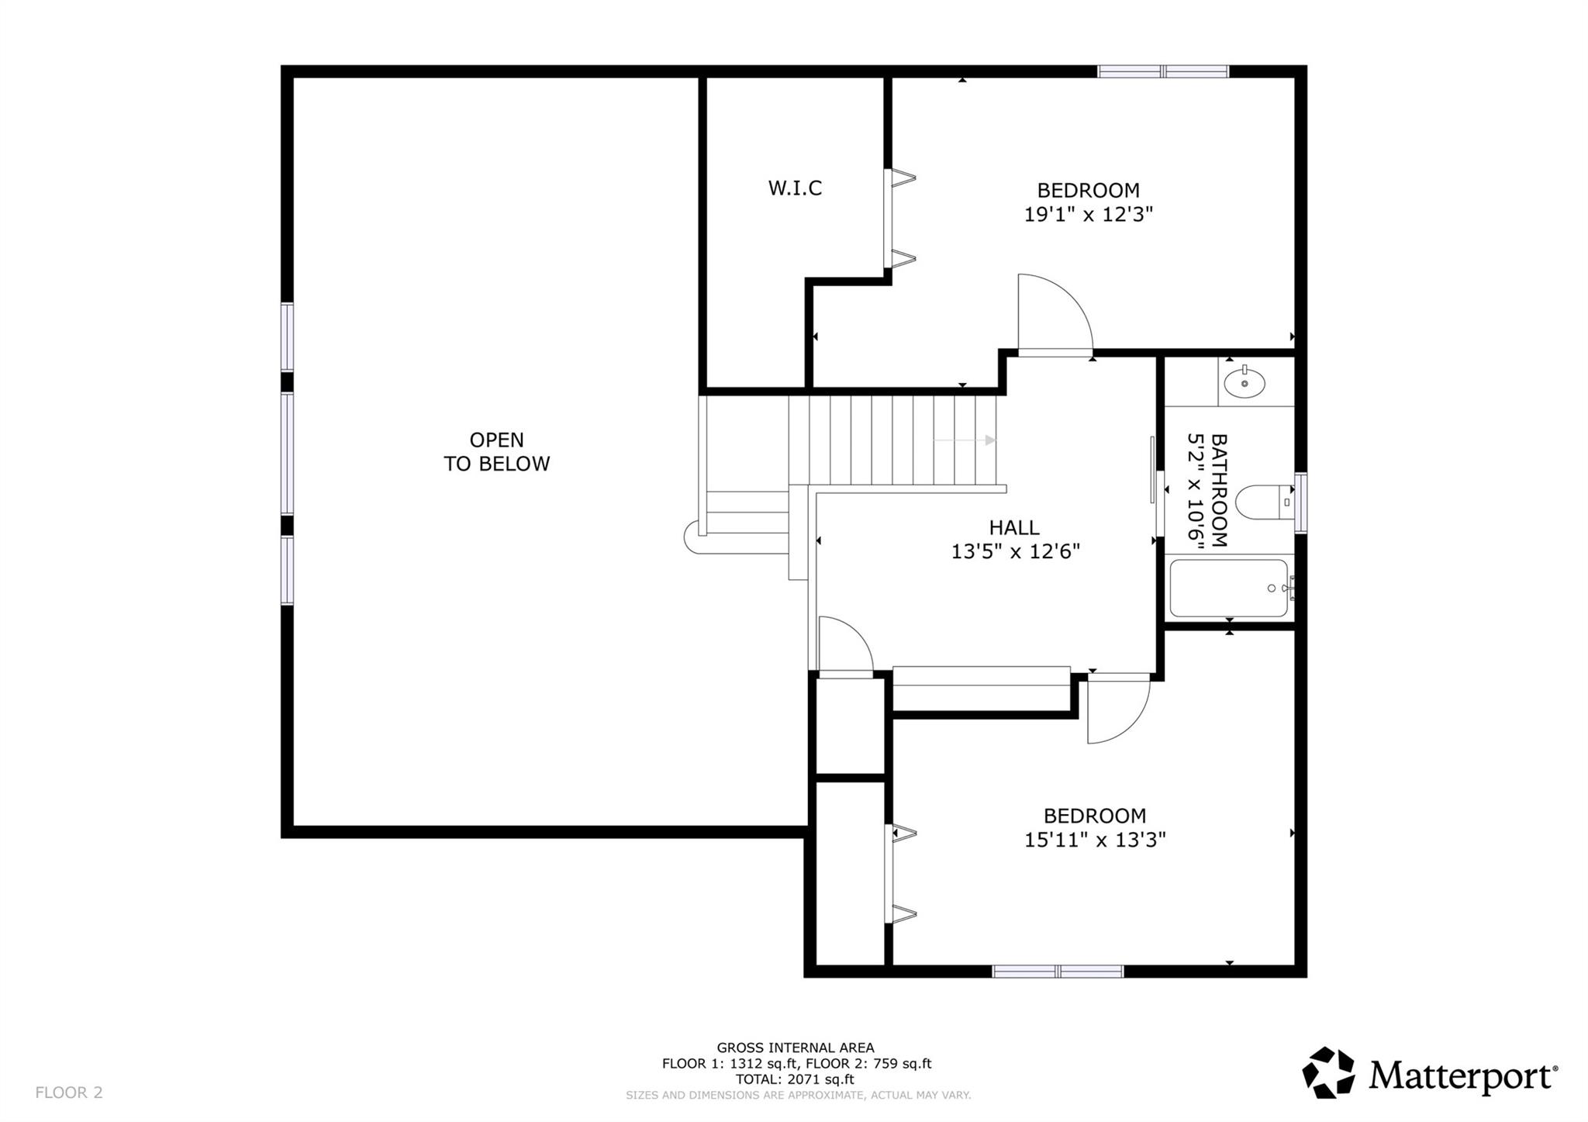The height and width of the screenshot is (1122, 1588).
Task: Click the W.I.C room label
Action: [x=795, y=188]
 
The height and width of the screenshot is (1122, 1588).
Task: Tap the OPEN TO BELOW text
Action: [x=496, y=451]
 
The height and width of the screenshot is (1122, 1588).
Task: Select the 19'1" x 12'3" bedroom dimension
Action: [x=1088, y=215]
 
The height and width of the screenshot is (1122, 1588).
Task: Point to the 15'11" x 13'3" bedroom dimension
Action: [x=1094, y=840]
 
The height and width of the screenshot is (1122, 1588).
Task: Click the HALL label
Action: [x=1013, y=528]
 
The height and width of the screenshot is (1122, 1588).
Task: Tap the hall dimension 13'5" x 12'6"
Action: [x=1015, y=551]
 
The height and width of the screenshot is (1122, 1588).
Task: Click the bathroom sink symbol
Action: [x=1245, y=383]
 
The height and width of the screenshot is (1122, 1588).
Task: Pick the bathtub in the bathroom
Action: [x=1229, y=588]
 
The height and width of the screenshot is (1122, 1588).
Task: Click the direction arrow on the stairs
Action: [x=965, y=440]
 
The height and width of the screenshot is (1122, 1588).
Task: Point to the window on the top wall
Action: [x=1163, y=72]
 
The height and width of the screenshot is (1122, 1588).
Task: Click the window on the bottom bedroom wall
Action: [x=1058, y=972]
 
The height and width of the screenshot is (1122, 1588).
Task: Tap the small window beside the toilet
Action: [x=1300, y=502]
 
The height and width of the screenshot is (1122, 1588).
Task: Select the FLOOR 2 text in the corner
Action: [x=69, y=1093]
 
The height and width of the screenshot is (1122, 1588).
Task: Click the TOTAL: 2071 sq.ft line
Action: [x=795, y=1079]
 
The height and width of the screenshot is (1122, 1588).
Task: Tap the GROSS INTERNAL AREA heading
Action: [x=795, y=1048]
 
